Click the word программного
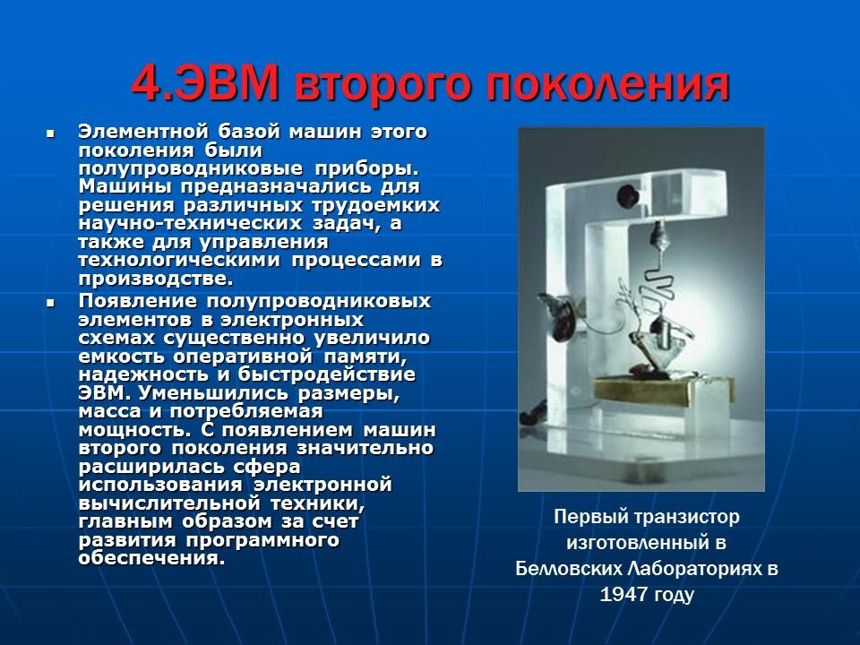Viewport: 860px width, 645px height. [x=262, y=539]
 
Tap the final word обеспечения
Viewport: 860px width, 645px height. [x=150, y=557]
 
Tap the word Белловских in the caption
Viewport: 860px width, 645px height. [x=572, y=569]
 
